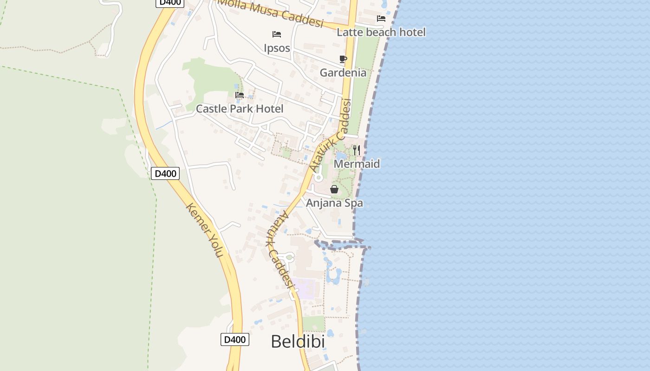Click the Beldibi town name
point(298,342)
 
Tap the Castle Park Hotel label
point(239,109)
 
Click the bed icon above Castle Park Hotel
point(240,95)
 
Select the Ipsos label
point(277,48)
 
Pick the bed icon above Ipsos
point(277,34)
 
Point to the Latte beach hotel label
point(381,32)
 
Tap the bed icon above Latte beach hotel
point(381,19)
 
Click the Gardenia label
point(343,72)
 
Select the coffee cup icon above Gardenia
point(343,59)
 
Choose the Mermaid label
point(357,164)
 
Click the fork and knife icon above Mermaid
point(357,150)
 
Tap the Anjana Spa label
point(334,203)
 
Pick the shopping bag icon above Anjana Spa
point(334,189)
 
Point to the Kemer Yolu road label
point(205,230)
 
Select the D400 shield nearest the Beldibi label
point(234,339)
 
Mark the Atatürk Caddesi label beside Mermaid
point(330,135)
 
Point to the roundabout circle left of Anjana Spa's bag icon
point(318,177)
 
